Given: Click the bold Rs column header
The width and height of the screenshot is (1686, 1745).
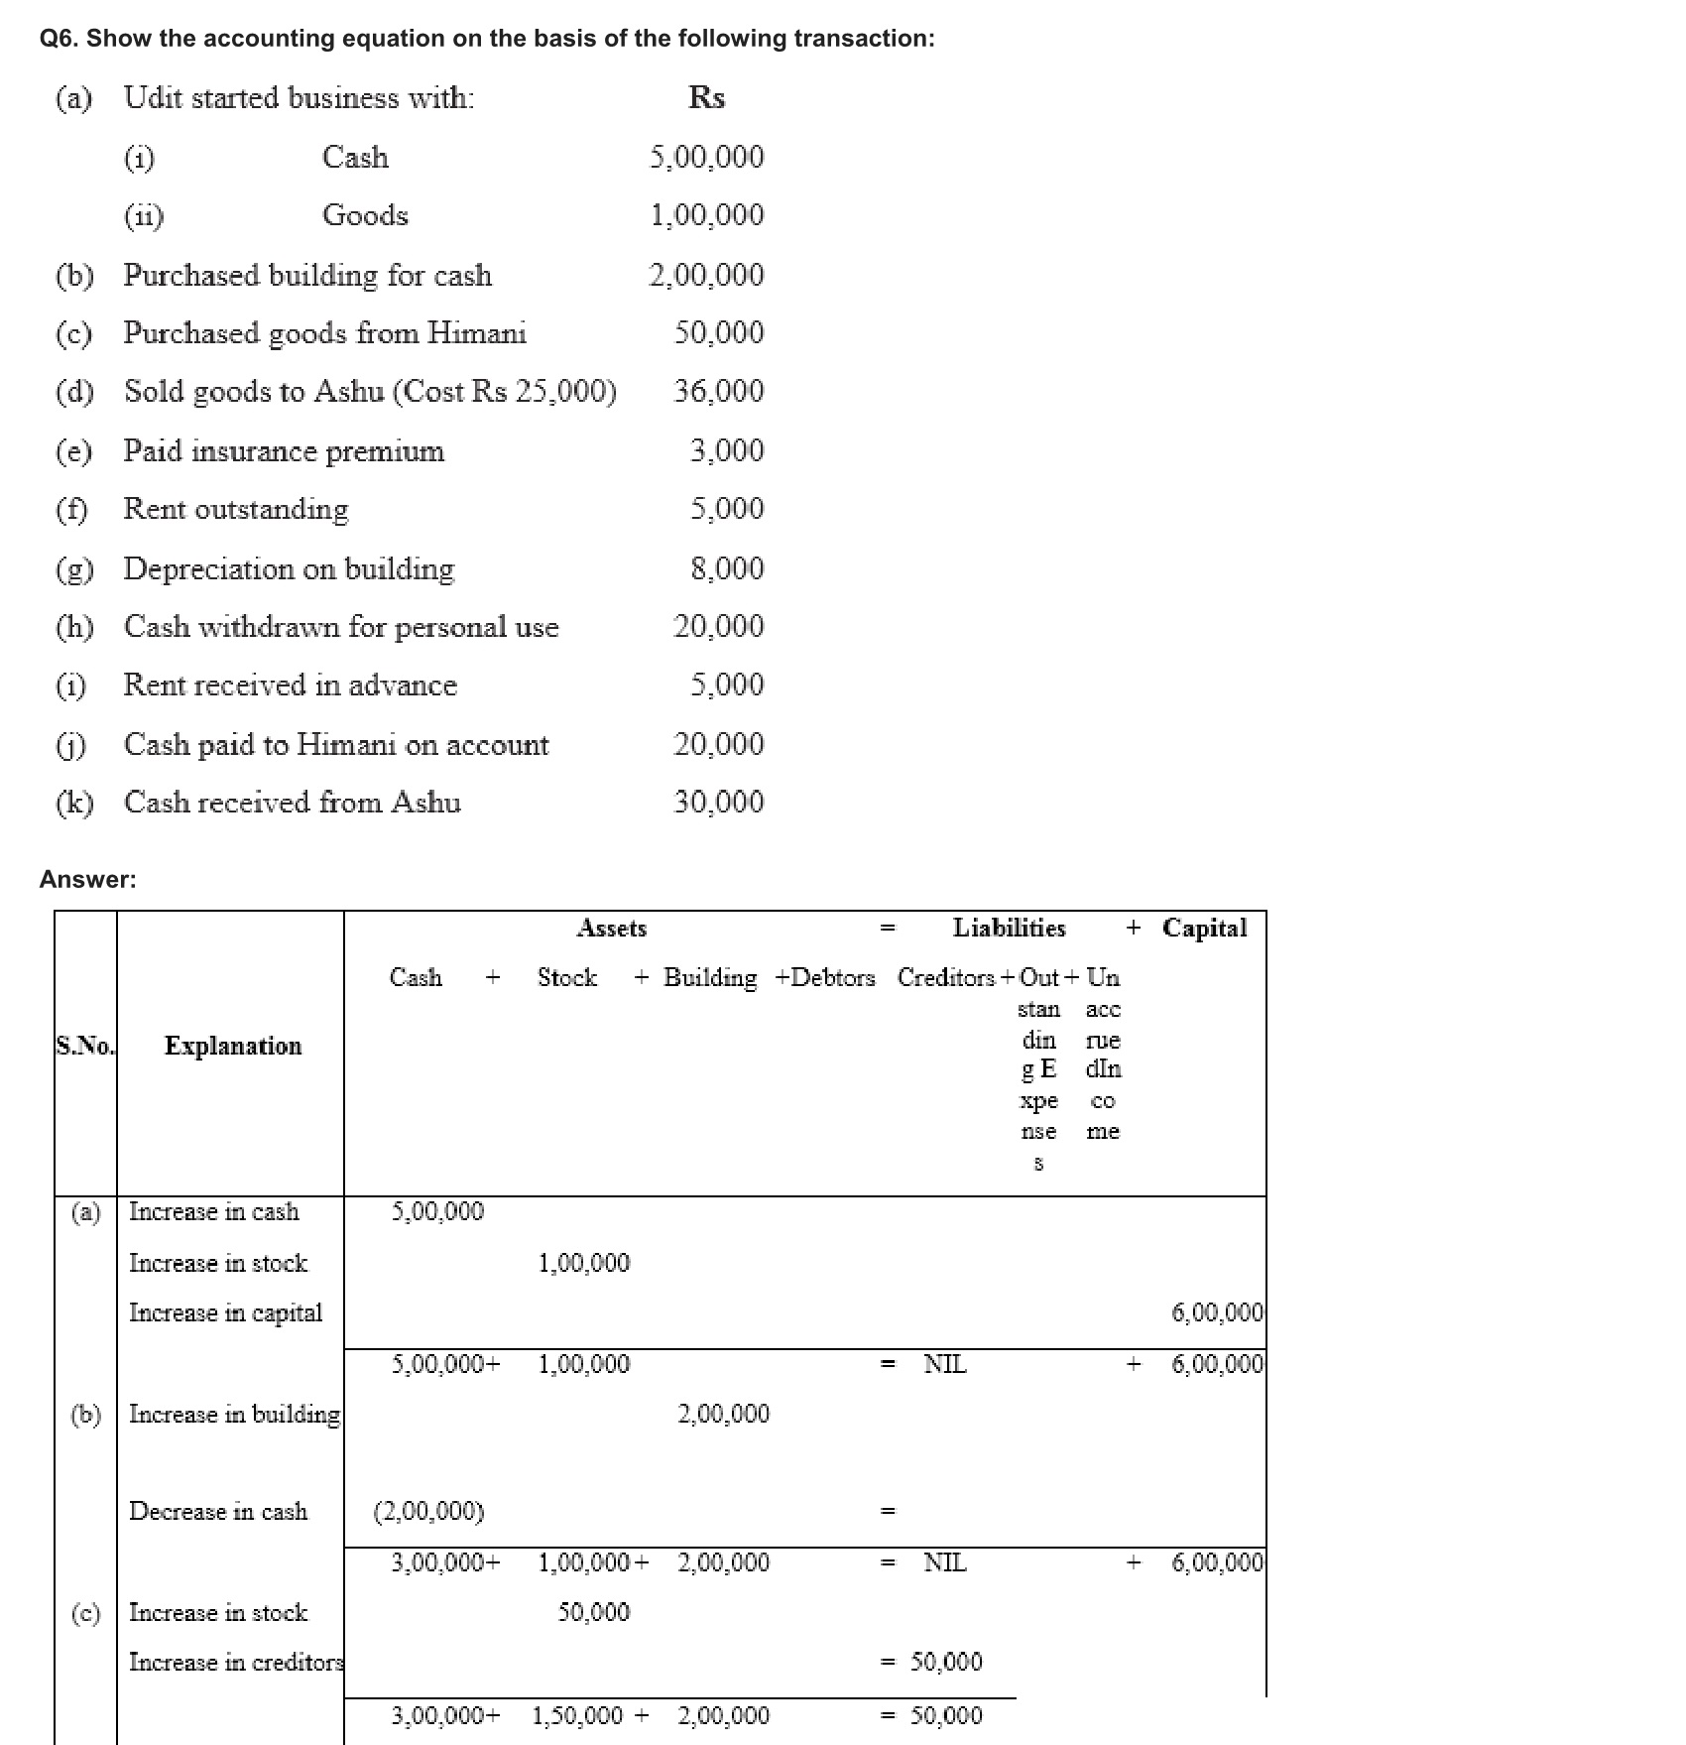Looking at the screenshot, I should coord(706,97).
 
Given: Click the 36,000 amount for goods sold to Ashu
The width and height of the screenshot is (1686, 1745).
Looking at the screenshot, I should coord(719,391).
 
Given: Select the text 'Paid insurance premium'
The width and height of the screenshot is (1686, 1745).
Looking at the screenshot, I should coord(284,450).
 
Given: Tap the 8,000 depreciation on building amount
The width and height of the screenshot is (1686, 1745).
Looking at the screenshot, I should coord(727,568).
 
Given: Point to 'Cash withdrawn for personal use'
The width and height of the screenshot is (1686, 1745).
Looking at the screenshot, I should coord(341,627).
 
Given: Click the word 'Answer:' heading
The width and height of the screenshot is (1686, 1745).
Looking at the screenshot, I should coord(88,879).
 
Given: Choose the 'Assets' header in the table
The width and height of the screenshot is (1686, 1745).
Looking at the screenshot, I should coord(612,929).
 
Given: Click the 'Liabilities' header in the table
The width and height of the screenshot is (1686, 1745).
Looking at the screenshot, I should coord(1009,929).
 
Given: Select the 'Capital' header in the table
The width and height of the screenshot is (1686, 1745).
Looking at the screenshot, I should coord(1204,929).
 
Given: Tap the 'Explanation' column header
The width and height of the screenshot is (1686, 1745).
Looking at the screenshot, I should coord(233,1046).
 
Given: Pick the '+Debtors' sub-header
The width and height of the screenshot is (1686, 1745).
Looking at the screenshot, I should coord(825,978).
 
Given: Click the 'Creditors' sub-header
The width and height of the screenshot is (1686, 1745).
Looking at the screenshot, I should coord(946,978).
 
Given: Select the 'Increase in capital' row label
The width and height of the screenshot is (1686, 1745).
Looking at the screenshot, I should coord(226,1313).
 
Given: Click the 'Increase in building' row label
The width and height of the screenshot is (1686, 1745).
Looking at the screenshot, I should coord(235,1415).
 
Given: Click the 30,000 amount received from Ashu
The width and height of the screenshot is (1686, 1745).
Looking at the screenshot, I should coord(719,803).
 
